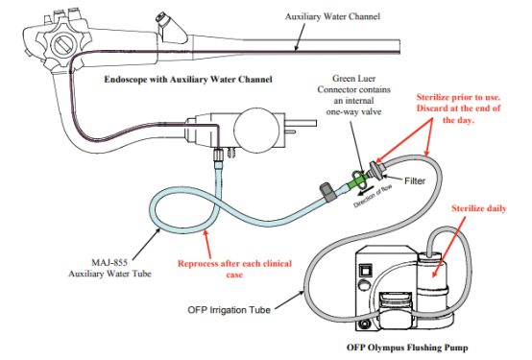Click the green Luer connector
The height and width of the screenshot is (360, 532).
click(358, 180)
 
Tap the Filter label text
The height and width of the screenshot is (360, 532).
click(415, 180)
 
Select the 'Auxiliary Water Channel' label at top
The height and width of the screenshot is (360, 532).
click(332, 16)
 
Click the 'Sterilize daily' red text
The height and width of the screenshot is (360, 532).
click(479, 208)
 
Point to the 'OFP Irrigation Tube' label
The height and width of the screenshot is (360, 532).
click(229, 310)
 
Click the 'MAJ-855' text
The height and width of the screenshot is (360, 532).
click(109, 262)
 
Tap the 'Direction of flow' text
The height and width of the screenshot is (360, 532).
click(373, 196)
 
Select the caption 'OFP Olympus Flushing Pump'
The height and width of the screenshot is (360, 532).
click(407, 348)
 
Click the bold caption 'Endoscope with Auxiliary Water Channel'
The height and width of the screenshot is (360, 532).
click(188, 80)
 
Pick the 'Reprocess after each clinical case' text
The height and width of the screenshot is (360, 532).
click(234, 269)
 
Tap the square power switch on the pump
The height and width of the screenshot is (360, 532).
click(367, 271)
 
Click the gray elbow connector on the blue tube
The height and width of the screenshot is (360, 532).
click(327, 192)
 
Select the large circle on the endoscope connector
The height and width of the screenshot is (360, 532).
click(256, 130)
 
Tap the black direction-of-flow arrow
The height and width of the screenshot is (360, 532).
click(364, 190)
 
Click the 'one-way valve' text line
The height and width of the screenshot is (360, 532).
click(353, 111)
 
